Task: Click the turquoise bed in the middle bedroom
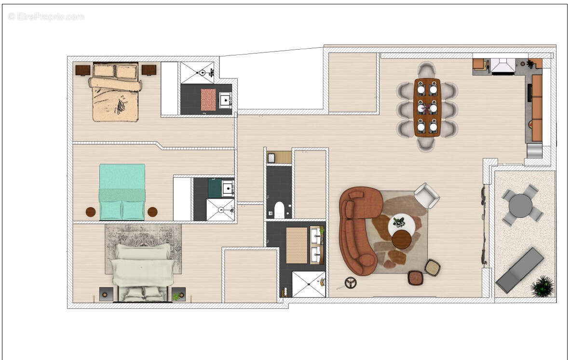coord(122,192)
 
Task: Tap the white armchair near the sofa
coord(426,195)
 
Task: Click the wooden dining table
coord(427,107)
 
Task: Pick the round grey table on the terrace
coord(521,206)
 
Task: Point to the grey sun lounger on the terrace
coord(519,270)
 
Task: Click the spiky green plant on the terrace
coord(543,286)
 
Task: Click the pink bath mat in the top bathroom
coord(208,100)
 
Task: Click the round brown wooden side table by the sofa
coord(402,239)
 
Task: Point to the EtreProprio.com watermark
coord(46,17)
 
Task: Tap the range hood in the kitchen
coord(503,66)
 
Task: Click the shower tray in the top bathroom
coord(197,72)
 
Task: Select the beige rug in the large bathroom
coord(297,245)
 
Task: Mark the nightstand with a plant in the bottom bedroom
coord(178,294)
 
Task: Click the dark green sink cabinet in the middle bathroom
coord(215,188)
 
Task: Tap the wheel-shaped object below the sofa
coord(351,283)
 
